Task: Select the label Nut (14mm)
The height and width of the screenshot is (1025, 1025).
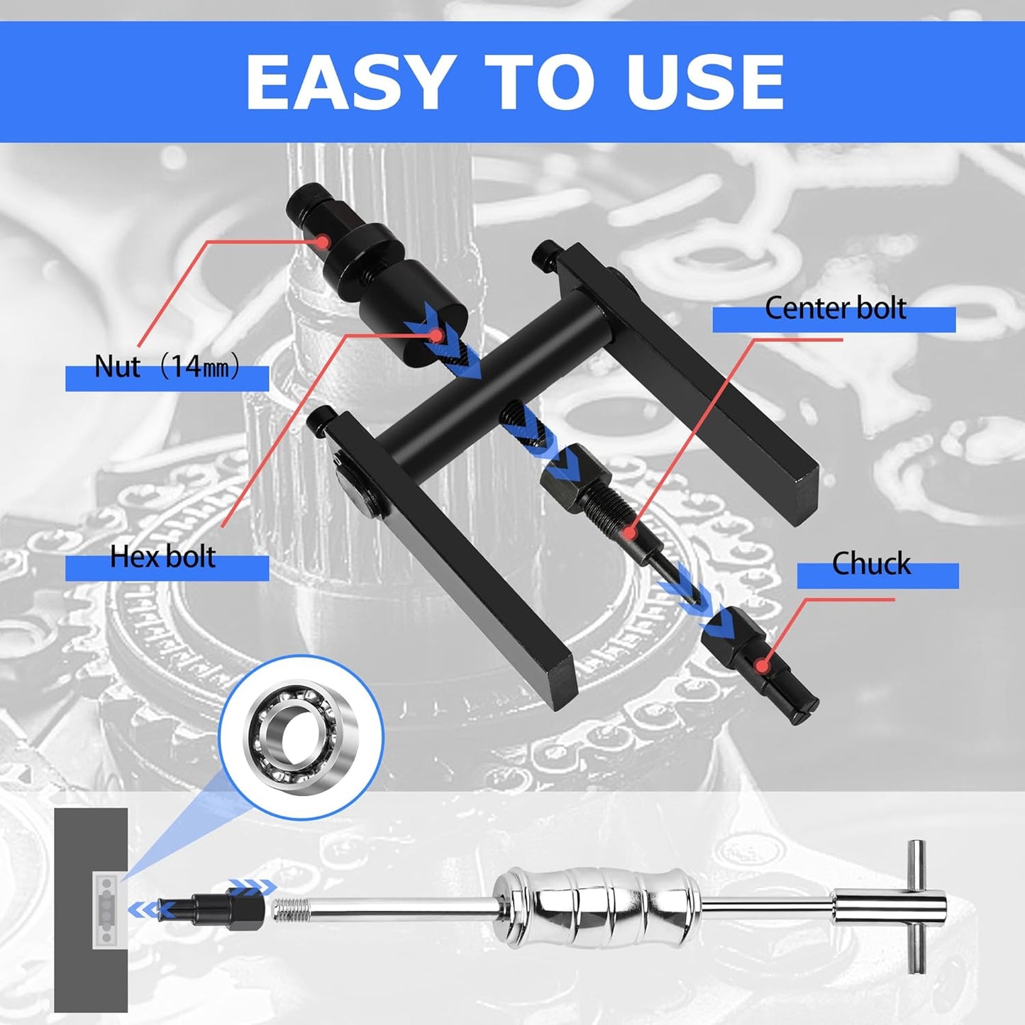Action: (167, 367)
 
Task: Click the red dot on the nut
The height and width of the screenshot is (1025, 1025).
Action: (322, 241)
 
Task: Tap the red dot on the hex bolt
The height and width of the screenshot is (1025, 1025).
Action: (436, 335)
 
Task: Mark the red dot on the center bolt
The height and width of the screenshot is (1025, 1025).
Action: (630, 531)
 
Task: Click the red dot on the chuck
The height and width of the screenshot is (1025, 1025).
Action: (763, 665)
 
